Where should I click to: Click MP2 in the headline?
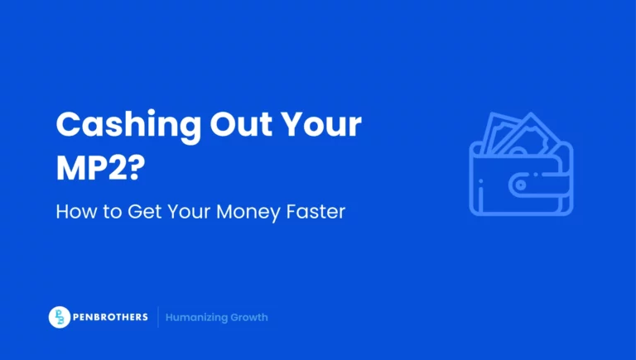[x=91, y=168]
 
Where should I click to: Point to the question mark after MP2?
[x=137, y=168]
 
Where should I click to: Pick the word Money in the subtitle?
[x=252, y=212]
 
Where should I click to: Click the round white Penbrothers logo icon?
[x=59, y=317]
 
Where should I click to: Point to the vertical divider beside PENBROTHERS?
[x=157, y=317]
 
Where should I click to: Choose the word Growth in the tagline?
[x=250, y=317]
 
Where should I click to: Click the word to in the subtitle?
[x=111, y=212]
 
